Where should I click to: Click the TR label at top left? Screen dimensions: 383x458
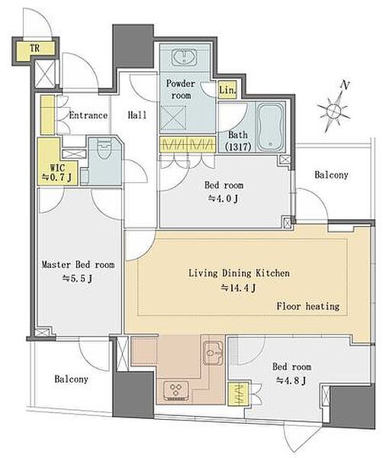(35, 48)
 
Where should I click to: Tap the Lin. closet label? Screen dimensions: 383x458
(227, 90)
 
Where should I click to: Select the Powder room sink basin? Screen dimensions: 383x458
(184, 56)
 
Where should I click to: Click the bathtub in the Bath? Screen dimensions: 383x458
(270, 127)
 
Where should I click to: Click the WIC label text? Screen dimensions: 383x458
(57, 168)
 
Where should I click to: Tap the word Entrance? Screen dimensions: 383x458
(89, 115)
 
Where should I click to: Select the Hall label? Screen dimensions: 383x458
(137, 115)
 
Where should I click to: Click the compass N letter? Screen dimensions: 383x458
(345, 85)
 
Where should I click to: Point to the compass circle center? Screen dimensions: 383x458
(333, 111)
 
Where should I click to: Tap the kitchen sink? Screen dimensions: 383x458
(213, 353)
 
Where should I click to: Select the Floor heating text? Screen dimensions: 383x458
(308, 306)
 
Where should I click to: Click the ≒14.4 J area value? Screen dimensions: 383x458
(238, 289)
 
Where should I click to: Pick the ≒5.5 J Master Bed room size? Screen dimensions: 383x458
(77, 279)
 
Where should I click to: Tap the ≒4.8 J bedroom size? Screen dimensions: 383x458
(291, 381)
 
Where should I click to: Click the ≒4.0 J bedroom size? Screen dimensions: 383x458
(223, 198)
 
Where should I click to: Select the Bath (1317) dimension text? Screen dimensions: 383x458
(238, 140)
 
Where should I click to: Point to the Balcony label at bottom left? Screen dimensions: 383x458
(71, 379)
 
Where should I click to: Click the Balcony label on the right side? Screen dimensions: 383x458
(331, 175)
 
